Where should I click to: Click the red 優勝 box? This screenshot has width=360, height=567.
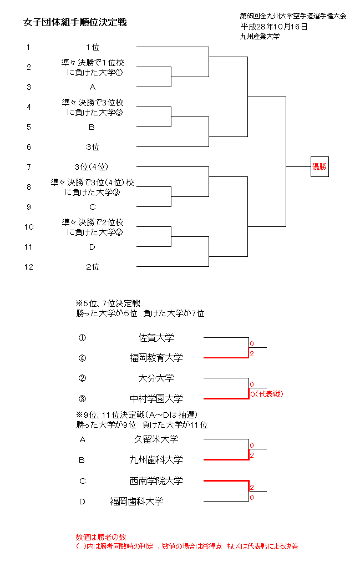click(320, 166)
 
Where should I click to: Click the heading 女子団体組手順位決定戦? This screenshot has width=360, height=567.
click(75, 22)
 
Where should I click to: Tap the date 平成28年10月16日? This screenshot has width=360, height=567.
click(274, 26)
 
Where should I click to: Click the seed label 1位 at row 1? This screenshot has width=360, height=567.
click(93, 47)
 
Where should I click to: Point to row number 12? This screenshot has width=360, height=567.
click(29, 267)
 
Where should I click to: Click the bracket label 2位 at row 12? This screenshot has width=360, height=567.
click(93, 267)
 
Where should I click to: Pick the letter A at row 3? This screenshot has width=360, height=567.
click(93, 87)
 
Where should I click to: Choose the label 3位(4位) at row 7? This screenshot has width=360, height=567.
click(92, 167)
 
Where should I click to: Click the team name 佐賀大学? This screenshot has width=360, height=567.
click(156, 337)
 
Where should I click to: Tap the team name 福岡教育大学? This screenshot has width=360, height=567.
click(156, 358)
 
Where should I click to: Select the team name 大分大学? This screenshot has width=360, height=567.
click(156, 378)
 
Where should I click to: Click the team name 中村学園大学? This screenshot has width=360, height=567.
click(156, 399)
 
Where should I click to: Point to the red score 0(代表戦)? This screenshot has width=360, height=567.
click(266, 394)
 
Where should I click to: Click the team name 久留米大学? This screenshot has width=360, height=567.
click(156, 439)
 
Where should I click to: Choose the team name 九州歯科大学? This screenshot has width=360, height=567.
click(156, 460)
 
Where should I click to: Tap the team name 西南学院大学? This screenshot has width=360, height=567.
click(156, 481)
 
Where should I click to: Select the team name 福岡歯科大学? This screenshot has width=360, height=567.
click(136, 502)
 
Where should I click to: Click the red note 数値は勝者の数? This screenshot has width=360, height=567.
click(101, 537)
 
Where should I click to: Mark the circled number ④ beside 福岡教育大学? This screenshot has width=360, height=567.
click(83, 358)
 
